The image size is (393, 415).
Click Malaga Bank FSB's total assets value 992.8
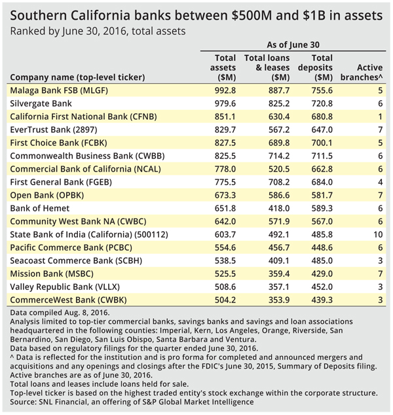pyautogui.click(x=225, y=90)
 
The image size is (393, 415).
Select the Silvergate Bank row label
pyautogui.click(x=41, y=103)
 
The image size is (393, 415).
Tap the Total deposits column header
pyautogui.click(x=315, y=67)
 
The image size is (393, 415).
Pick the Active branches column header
pyautogui.click(x=362, y=72)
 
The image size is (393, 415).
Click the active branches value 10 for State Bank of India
pyautogui.click(x=378, y=234)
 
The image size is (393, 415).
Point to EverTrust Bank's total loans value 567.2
pyautogui.click(x=279, y=130)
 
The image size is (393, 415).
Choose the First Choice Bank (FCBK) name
pyautogui.click(x=58, y=143)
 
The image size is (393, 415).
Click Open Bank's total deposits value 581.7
pyautogui.click(x=322, y=195)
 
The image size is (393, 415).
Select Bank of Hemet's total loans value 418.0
pyautogui.click(x=279, y=208)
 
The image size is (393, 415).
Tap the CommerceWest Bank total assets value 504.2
pyautogui.click(x=225, y=300)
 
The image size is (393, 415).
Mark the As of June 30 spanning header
pyautogui.click(x=293, y=45)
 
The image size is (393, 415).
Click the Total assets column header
pyautogui.click(x=223, y=67)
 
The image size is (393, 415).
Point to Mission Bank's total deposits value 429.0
pyautogui.click(x=322, y=274)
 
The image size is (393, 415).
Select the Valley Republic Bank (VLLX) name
pyautogui.click(x=65, y=287)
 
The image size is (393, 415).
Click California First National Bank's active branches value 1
pyautogui.click(x=381, y=117)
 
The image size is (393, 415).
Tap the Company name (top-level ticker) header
pyautogui.click(x=77, y=77)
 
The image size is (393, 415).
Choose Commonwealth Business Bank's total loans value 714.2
pyautogui.click(x=279, y=156)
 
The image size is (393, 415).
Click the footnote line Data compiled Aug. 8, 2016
pyautogui.click(x=60, y=313)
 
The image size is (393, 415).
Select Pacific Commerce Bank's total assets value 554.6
pyautogui.click(x=225, y=247)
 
